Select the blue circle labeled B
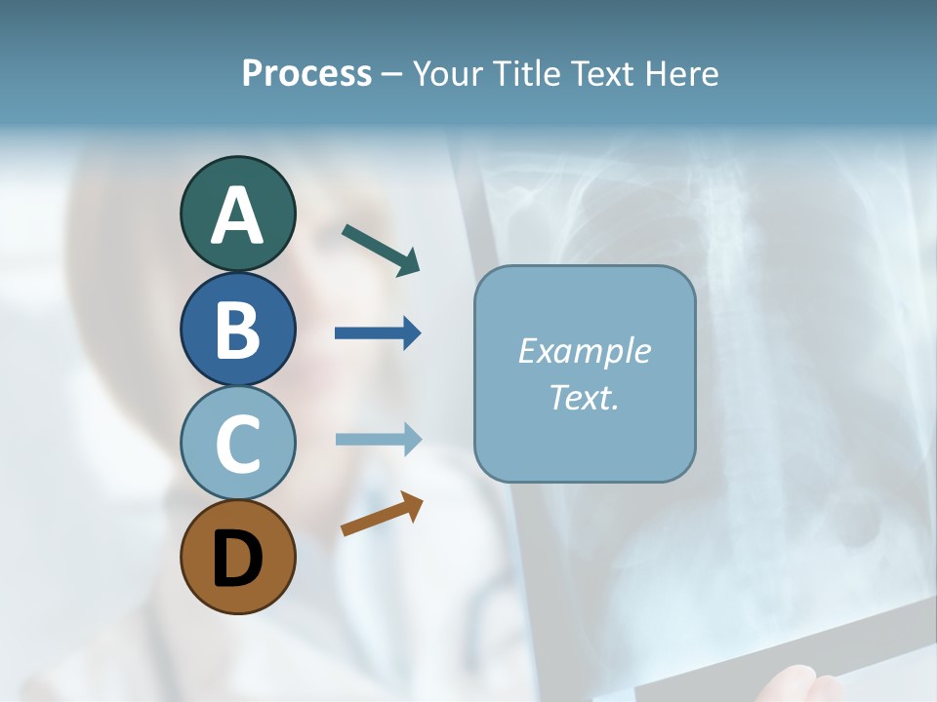point(237,329)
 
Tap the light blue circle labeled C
point(237,444)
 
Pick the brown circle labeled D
point(237,557)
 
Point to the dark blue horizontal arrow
point(378,333)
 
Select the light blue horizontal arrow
point(378,439)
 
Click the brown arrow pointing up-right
point(382,514)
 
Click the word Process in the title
point(306,73)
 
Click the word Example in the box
point(584,351)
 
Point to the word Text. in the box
point(584,397)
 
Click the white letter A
point(237,215)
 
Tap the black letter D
point(237,560)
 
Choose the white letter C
point(237,445)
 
